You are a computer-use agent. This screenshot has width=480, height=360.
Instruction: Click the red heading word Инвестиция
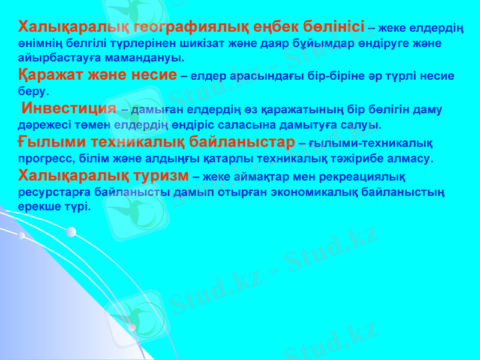[68, 109]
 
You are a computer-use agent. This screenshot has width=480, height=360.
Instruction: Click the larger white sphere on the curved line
[71, 232]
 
